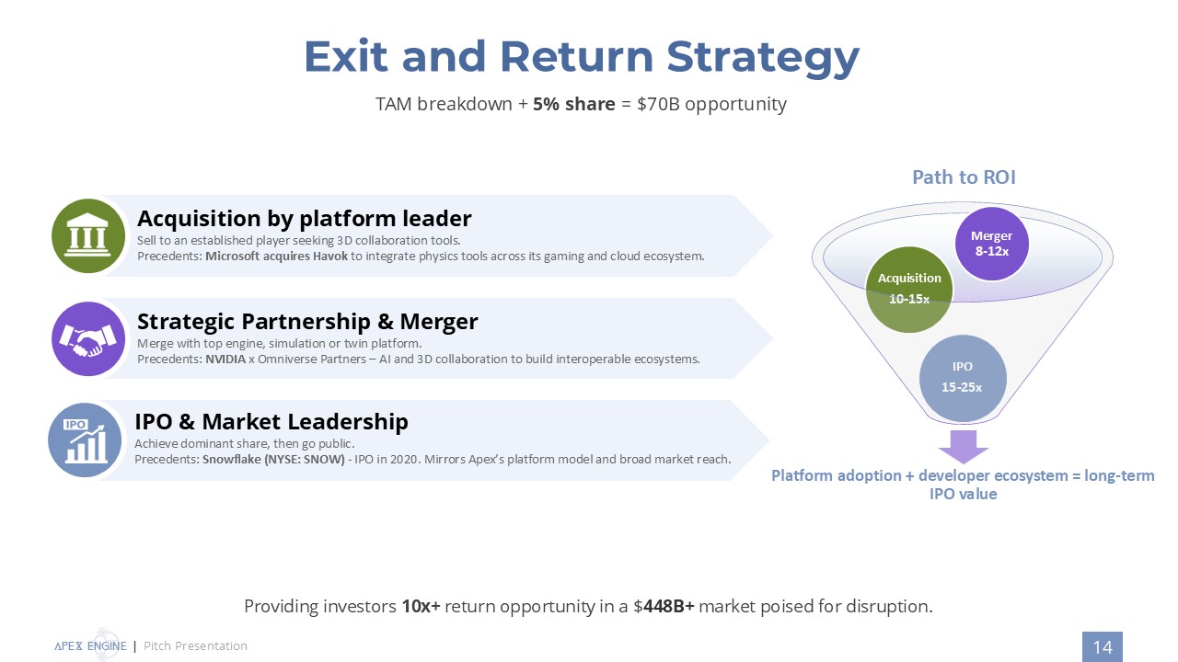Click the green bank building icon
click(x=88, y=236)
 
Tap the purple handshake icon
click(x=88, y=339)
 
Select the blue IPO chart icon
click(x=85, y=440)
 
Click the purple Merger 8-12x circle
click(x=991, y=243)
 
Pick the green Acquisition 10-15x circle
click(x=909, y=288)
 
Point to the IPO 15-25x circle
click(x=962, y=377)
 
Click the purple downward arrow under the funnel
click(x=964, y=446)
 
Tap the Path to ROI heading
click(x=964, y=177)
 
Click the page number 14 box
click(x=1102, y=647)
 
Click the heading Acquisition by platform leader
click(x=304, y=218)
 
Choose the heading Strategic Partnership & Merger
click(x=307, y=321)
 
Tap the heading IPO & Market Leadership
click(x=271, y=421)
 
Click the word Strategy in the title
click(x=763, y=56)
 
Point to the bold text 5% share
click(x=573, y=104)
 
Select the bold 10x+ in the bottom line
click(x=421, y=607)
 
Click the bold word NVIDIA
click(x=225, y=359)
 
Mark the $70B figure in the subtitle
click(x=656, y=104)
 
